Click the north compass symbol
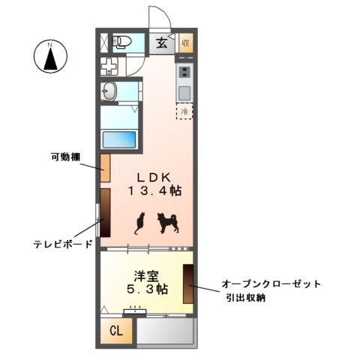[50, 58]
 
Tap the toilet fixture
[121, 43]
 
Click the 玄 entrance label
[162, 43]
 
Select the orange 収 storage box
[186, 43]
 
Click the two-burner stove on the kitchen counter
[184, 72]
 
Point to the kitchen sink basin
[184, 92]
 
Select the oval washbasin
[109, 91]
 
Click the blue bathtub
[120, 139]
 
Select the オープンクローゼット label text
[271, 284]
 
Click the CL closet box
[117, 331]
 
